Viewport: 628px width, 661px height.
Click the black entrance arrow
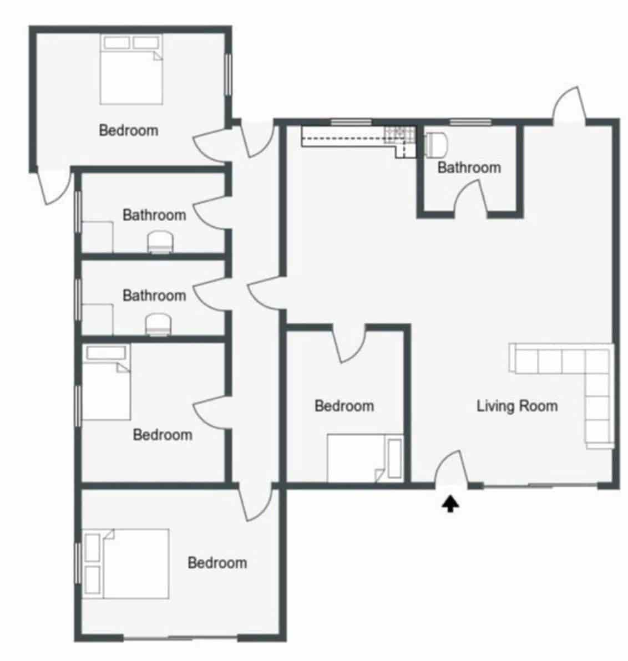pyautogui.click(x=450, y=504)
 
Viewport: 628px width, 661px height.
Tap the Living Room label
pyautogui.click(x=517, y=406)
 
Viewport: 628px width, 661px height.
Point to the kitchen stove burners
pyautogui.click(x=398, y=133)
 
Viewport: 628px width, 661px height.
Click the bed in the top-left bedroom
pyautogui.click(x=131, y=70)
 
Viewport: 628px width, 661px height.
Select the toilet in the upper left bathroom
pyautogui.click(x=161, y=243)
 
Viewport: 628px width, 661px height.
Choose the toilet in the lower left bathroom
pyautogui.click(x=159, y=325)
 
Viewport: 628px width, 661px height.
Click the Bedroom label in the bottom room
pyautogui.click(x=217, y=563)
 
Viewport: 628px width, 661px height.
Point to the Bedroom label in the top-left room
pyautogui.click(x=128, y=130)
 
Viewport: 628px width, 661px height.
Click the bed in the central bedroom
pyautogui.click(x=358, y=458)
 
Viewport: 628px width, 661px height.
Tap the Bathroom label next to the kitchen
pyautogui.click(x=469, y=167)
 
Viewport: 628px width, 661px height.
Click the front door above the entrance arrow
pyautogui.click(x=450, y=471)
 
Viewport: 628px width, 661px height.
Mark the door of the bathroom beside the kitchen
pyautogui.click(x=470, y=197)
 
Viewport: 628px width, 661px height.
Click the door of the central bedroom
pyautogui.click(x=350, y=344)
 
